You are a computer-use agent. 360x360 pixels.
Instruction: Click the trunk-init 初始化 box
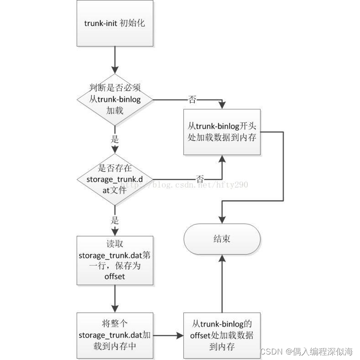115,23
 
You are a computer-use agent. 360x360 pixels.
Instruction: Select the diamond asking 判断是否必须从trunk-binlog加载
115,99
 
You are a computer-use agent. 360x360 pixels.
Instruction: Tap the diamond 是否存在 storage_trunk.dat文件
115,179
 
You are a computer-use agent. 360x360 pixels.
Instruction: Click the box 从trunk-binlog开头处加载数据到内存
222,132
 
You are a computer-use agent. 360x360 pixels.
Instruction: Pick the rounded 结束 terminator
222,239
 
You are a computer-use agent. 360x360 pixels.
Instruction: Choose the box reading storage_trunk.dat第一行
115,260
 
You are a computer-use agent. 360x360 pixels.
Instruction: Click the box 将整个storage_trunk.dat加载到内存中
115,336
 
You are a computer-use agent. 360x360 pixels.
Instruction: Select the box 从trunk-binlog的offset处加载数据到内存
222,336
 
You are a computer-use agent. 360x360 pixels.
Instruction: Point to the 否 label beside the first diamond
192,99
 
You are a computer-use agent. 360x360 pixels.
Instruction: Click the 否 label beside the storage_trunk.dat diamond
200,179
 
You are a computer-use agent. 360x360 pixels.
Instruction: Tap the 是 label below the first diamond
115,139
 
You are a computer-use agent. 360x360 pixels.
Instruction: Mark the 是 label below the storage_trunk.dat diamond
115,219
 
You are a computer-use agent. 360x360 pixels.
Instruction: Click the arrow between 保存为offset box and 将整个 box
115,299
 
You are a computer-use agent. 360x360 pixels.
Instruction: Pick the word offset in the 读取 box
115,277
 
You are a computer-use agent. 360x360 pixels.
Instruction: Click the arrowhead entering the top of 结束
222,219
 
